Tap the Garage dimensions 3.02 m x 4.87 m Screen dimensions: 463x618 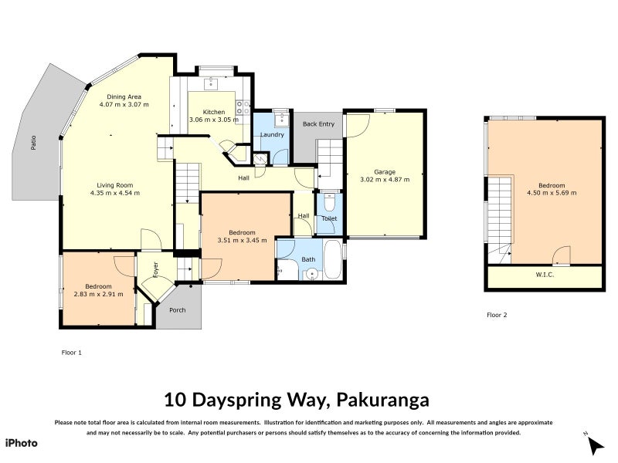385,179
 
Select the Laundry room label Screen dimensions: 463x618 272,134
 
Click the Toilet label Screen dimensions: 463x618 329,218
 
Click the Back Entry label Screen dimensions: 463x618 318,123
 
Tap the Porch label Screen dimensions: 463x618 178,310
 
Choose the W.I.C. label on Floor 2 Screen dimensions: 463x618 546,274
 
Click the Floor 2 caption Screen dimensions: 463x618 497,315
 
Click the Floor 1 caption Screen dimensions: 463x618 71,352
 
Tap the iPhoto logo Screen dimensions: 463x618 21,442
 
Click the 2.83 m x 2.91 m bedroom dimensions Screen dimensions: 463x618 98,293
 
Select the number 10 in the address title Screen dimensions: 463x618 175,400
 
